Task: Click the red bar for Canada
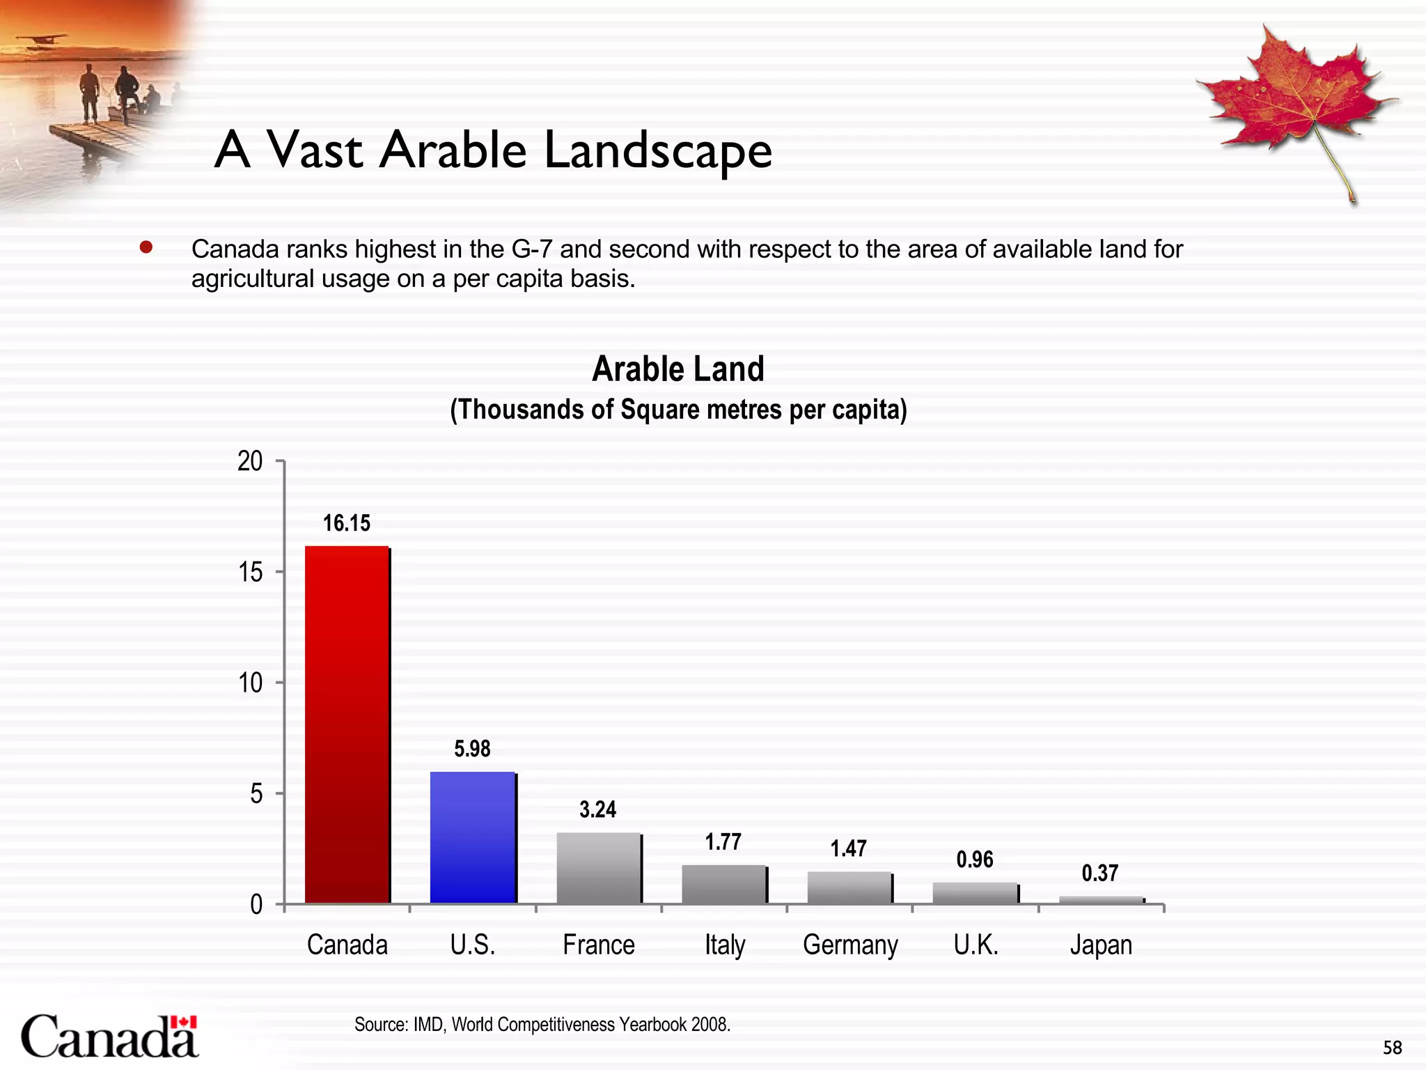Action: tap(347, 724)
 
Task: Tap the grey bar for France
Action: tap(598, 868)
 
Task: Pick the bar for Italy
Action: tap(724, 884)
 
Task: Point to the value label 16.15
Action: tap(347, 523)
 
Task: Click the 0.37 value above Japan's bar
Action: tap(1100, 873)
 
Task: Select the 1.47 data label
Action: tap(849, 848)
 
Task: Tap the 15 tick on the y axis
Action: tap(251, 572)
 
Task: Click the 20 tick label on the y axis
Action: tap(251, 461)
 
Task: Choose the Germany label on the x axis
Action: tap(850, 945)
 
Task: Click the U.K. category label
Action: tap(976, 945)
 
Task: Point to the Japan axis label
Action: tap(1101, 945)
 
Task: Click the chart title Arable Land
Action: tap(678, 369)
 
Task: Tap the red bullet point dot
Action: tap(146, 248)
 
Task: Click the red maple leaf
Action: tap(1295, 98)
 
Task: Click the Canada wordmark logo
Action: tap(110, 1036)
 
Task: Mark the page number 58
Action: tap(1393, 1048)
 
